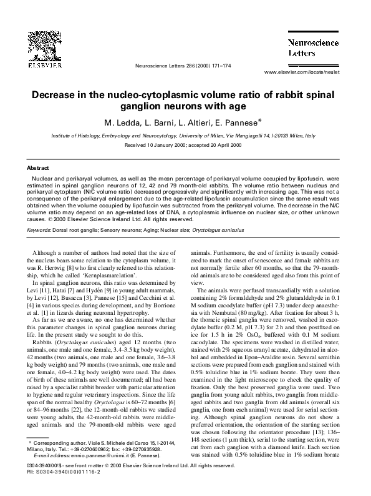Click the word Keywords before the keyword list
click(x=39, y=230)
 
